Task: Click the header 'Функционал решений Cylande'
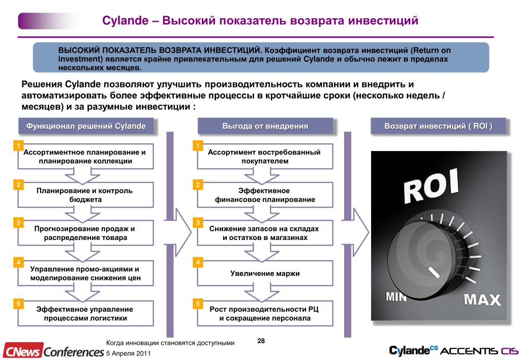pos(86,126)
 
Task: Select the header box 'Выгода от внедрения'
pos(265,126)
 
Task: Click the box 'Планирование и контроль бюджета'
pos(85,195)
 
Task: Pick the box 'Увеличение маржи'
pos(265,274)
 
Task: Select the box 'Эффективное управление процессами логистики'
pos(85,314)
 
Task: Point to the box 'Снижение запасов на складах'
pos(265,233)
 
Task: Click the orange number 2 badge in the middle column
pos(198,184)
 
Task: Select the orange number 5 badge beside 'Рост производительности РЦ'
pos(198,304)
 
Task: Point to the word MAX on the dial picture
pos(482,299)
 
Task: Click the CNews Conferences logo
pos(52,351)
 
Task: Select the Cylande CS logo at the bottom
pos(413,350)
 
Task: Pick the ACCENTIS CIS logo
pos(478,351)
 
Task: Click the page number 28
pos(261,341)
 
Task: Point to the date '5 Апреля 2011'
pos(128,353)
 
